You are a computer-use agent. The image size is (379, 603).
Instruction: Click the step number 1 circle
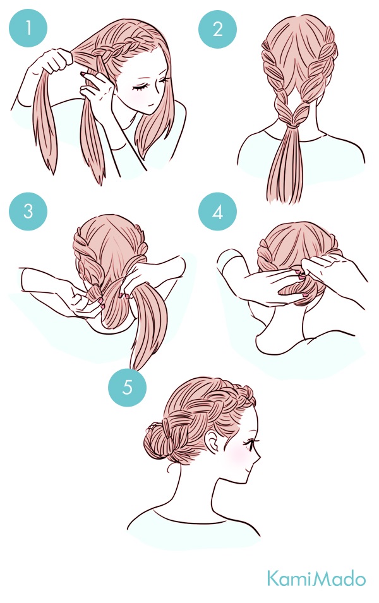[x=28, y=28]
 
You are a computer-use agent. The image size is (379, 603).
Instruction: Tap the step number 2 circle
[x=217, y=29]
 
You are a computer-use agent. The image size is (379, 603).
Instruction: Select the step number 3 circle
[x=28, y=211]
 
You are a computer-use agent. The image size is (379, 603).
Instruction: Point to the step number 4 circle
[x=217, y=212]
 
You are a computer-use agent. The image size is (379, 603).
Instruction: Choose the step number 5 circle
[x=128, y=386]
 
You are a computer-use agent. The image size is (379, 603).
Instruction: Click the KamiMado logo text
[x=316, y=579]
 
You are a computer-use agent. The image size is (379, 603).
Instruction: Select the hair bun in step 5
[x=159, y=439]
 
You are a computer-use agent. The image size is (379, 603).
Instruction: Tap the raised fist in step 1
[x=57, y=61]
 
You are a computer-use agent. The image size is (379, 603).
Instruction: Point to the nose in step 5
[x=258, y=458]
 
